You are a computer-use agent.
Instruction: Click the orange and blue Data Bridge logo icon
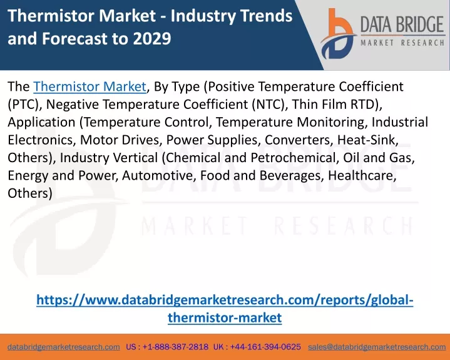click(x=338, y=34)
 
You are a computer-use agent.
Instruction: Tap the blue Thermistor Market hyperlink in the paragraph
click(x=89, y=86)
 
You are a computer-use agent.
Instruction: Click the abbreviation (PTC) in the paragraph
click(x=23, y=105)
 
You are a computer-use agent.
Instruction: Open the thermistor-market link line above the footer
click(x=225, y=318)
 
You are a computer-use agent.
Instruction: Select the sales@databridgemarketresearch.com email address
click(x=377, y=347)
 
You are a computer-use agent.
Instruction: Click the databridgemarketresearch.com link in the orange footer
click(x=64, y=347)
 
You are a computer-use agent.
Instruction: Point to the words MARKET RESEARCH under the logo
click(x=402, y=43)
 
